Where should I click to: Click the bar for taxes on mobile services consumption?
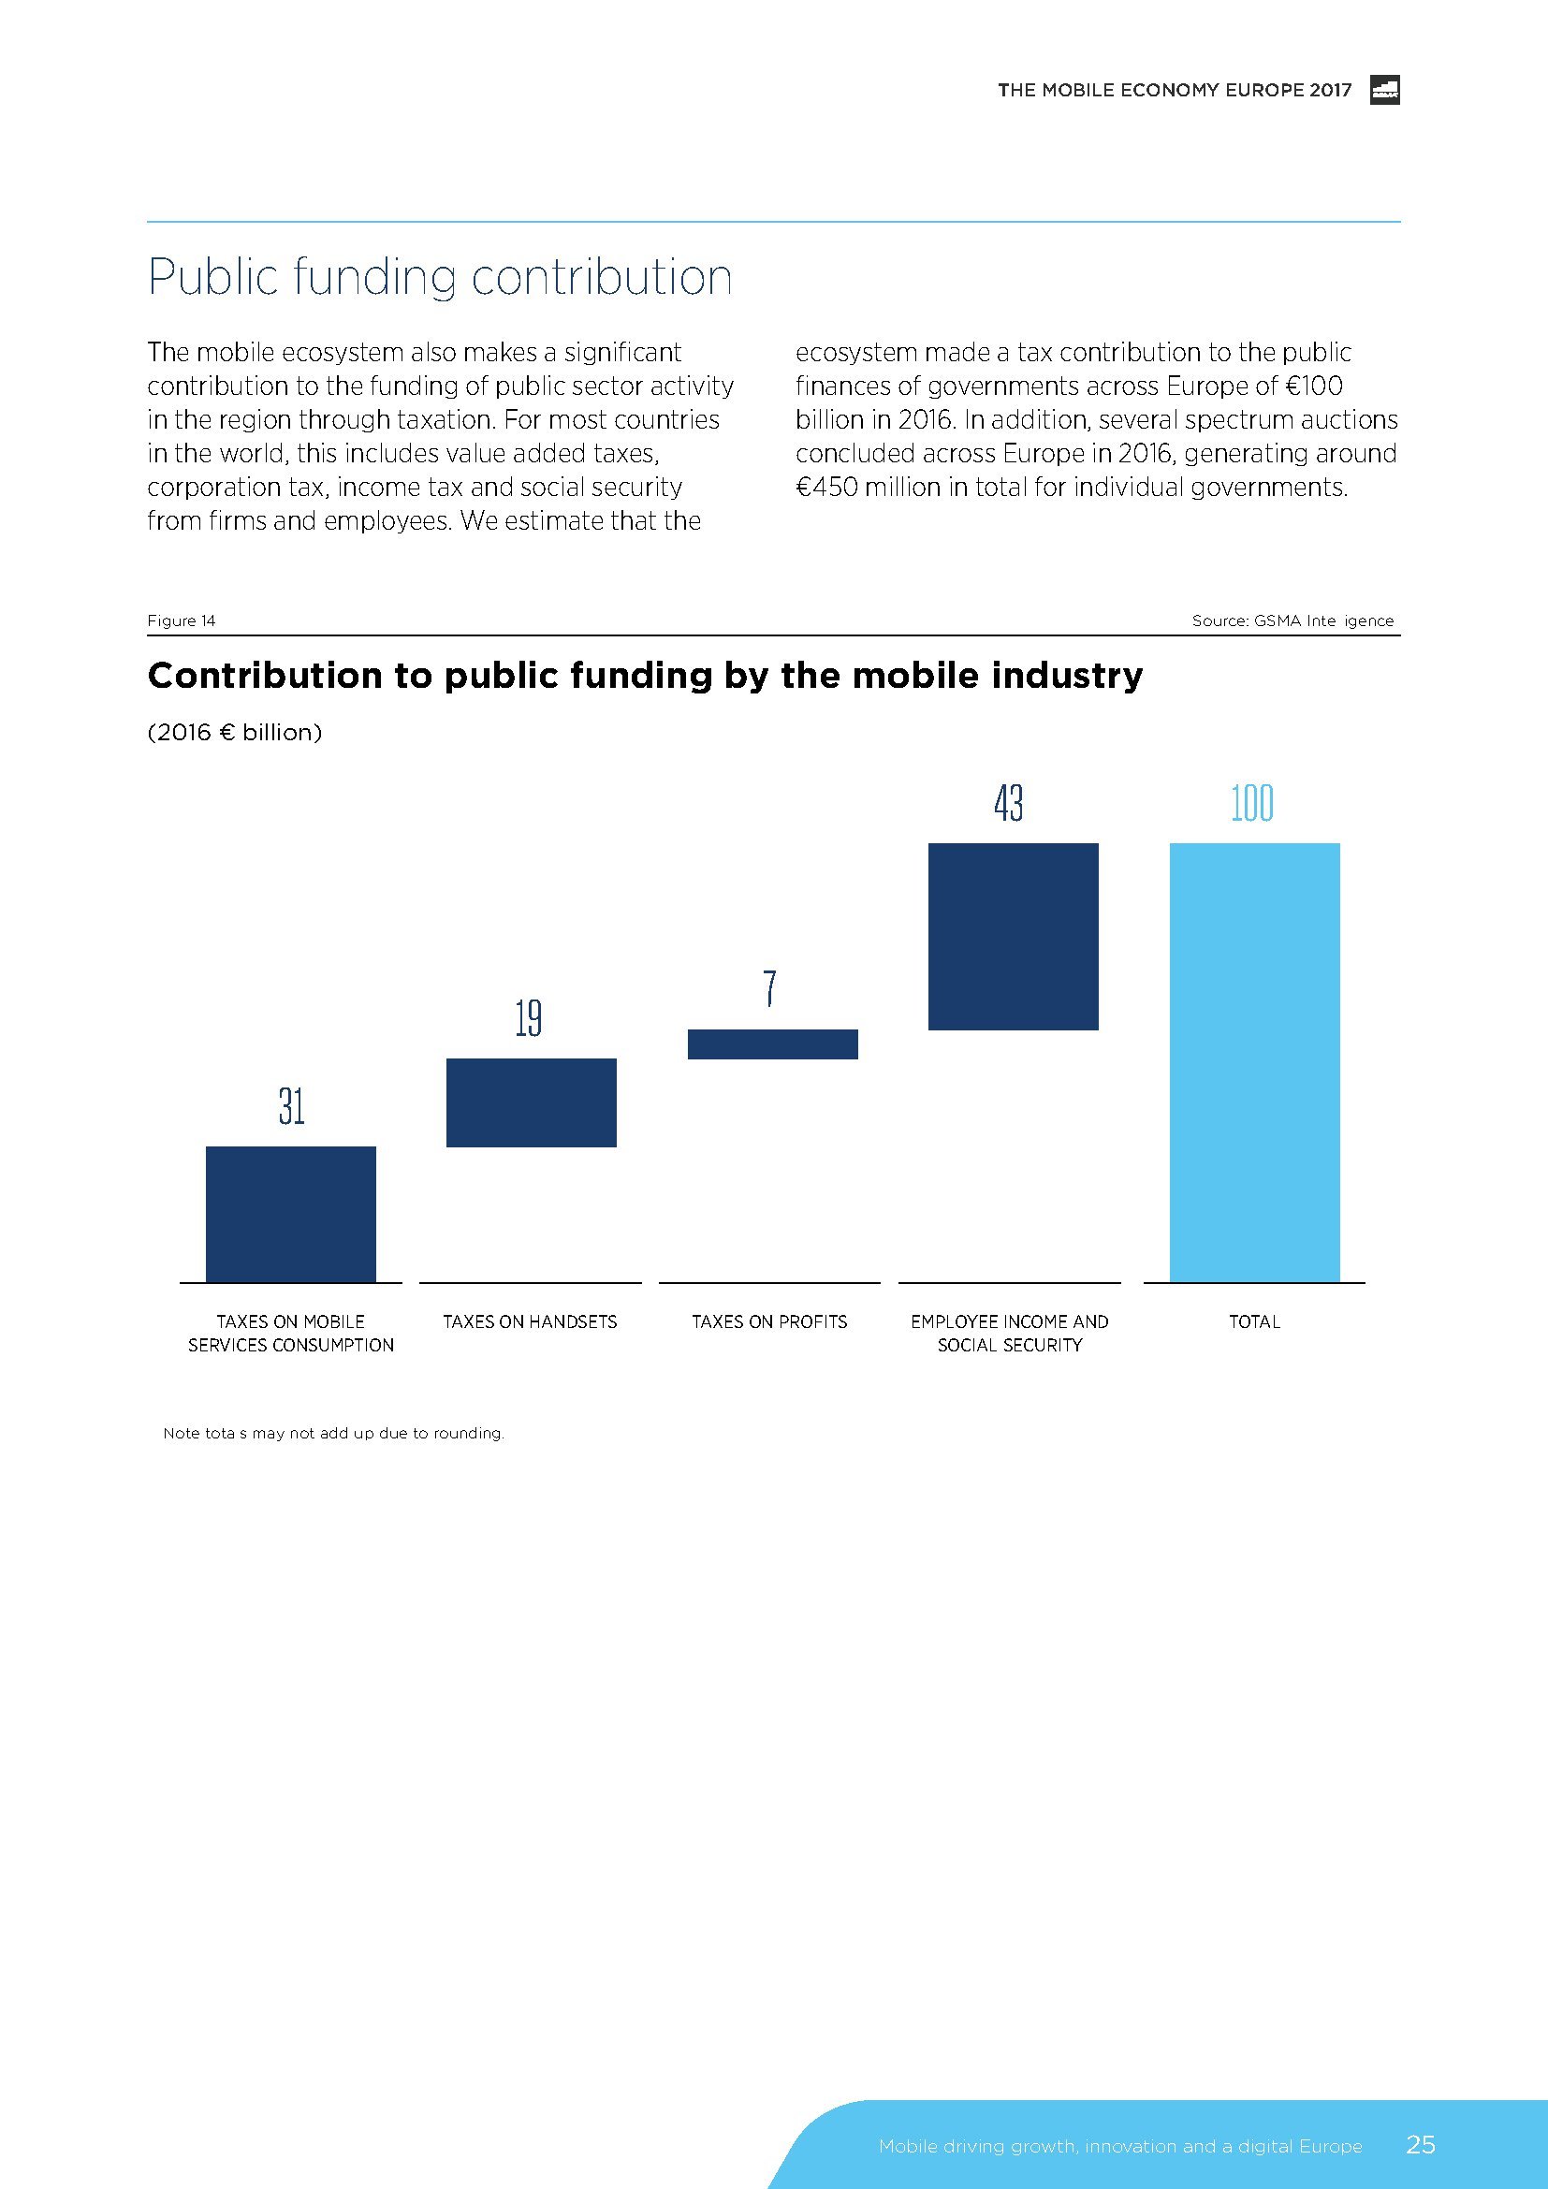pyautogui.click(x=291, y=1214)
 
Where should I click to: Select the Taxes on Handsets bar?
pyautogui.click(x=531, y=1102)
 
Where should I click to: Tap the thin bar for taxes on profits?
pyautogui.click(x=772, y=1044)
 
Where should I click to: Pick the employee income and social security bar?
pyautogui.click(x=1013, y=936)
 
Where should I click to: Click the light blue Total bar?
pyautogui.click(x=1253, y=1062)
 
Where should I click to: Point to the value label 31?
pyautogui.click(x=292, y=1107)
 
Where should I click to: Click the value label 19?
pyautogui.click(x=528, y=1018)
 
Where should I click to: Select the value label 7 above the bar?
pyautogui.click(x=770, y=988)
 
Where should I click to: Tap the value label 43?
pyautogui.click(x=1009, y=803)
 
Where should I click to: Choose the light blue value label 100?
pyautogui.click(x=1251, y=803)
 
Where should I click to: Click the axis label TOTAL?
pyautogui.click(x=1254, y=1321)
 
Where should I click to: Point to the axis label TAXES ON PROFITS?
pyautogui.click(x=769, y=1321)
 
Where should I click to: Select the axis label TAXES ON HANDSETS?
pyautogui.click(x=530, y=1321)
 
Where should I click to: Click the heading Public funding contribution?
pyautogui.click(x=440, y=277)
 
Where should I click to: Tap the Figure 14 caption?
pyautogui.click(x=182, y=620)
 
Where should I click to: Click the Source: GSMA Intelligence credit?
pyautogui.click(x=1292, y=620)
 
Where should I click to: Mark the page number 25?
pyautogui.click(x=1421, y=2144)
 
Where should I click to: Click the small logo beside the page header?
pyautogui.click(x=1384, y=90)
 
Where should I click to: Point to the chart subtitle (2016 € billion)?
pyautogui.click(x=235, y=732)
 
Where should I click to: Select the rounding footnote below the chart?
pyautogui.click(x=333, y=1433)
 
